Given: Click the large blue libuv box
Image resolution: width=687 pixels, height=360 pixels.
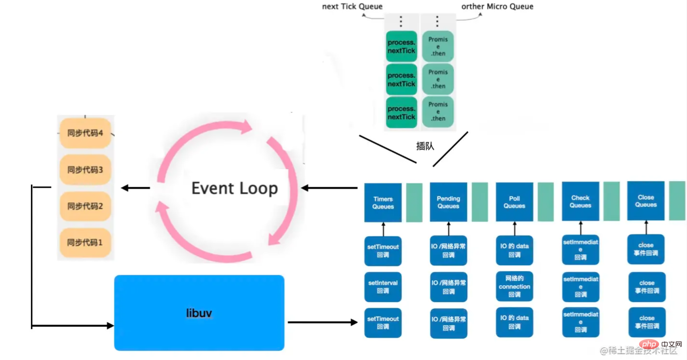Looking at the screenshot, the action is tap(199, 313).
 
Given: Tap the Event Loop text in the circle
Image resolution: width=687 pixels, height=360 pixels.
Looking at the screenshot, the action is tap(235, 188).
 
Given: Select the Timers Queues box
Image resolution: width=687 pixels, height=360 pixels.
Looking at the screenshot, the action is tap(383, 202).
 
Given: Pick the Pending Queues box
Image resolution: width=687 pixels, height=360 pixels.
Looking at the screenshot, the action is tap(448, 202).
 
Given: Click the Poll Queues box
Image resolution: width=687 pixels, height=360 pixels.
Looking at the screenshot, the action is tap(514, 202).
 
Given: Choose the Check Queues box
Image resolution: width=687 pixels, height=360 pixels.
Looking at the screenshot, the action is tap(580, 201).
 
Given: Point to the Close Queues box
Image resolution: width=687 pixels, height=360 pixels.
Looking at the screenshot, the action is tap(646, 201).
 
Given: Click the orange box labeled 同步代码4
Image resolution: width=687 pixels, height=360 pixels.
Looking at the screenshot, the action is tap(85, 133).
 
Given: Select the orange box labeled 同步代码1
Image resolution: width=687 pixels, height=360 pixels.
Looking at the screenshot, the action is tap(85, 242).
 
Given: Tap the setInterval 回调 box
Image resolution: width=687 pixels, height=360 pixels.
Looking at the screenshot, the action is tap(383, 287).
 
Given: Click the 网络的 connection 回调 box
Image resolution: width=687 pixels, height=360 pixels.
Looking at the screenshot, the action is tap(514, 286).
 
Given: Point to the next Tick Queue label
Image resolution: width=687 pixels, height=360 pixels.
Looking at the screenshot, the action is tap(352, 6).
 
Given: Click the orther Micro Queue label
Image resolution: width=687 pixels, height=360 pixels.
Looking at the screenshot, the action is tap(497, 6).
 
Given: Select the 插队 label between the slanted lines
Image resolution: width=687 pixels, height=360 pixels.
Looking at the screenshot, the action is tap(425, 146).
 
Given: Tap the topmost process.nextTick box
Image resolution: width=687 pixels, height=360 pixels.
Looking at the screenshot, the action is tap(402, 46).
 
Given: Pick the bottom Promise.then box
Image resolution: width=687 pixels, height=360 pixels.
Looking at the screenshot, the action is tap(438, 112).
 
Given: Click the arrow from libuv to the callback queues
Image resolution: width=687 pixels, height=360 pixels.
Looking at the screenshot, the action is tap(323, 322).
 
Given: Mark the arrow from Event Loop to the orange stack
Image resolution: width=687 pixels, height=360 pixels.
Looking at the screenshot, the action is tap(135, 188).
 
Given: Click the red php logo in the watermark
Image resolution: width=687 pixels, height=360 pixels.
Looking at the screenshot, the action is tap(649, 345).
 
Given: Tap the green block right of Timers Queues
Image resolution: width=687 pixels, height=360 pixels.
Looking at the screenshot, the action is tap(414, 202).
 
